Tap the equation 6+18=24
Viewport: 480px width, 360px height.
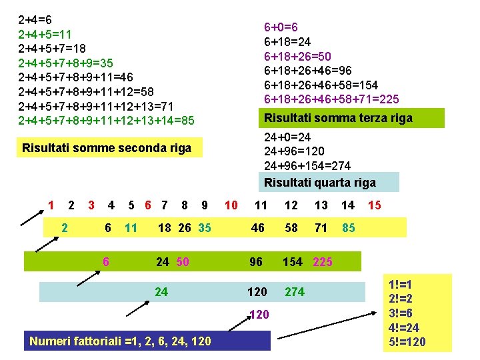coord(290,41)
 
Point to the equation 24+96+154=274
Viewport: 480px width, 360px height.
coord(307,165)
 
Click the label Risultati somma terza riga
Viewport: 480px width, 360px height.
coord(338,118)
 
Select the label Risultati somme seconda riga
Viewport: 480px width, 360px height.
coord(107,148)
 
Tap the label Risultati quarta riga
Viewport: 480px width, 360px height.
coord(320,182)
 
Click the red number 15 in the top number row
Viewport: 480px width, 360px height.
coord(375,205)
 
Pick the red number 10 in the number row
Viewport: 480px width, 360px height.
coord(231,205)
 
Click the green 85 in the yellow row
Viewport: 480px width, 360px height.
coord(348,228)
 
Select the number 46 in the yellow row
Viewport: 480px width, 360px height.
coord(257,228)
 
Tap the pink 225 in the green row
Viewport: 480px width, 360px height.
coord(322,261)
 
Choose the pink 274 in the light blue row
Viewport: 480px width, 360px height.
coord(295,291)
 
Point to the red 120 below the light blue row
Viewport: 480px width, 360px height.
coord(257,314)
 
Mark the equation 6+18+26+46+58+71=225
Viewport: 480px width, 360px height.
coord(331,99)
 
